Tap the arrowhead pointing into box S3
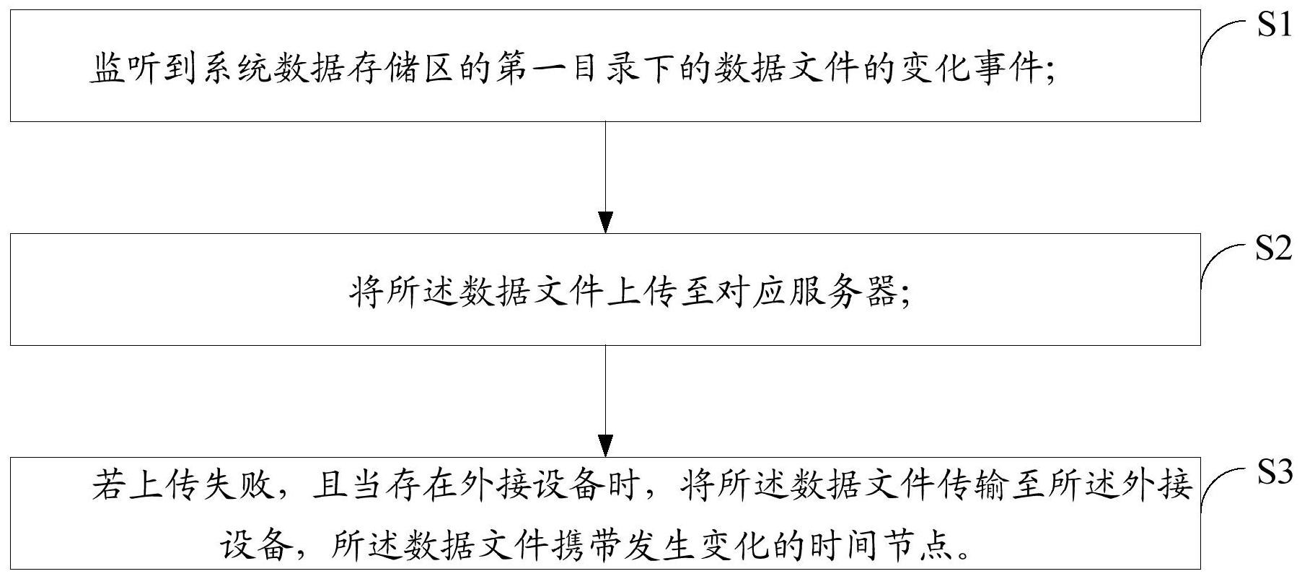[x=606, y=446]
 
